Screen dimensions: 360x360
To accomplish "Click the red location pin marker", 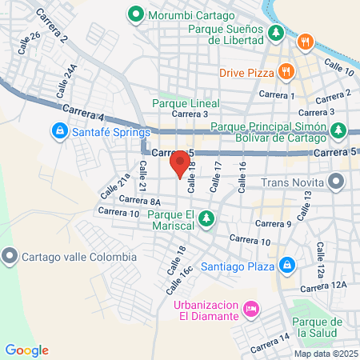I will coord(178,166).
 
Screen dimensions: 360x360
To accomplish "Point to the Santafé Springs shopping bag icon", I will coord(59,130).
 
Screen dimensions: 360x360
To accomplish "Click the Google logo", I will coord(27,350).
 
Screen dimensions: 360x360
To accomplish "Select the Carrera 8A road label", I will coord(140,200).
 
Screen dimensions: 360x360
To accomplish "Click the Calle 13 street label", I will coord(304,211).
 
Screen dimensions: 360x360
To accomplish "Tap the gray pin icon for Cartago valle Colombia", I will coord(10,257).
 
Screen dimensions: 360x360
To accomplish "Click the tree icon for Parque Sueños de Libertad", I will coord(276,33).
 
